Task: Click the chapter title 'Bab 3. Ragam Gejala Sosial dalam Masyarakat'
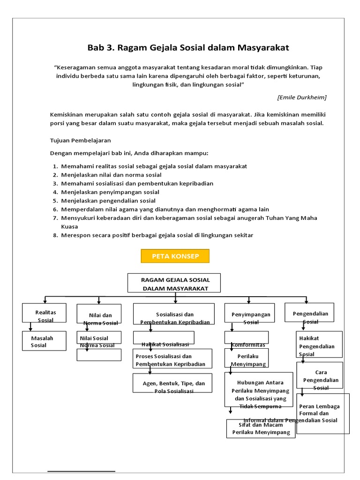point(188,48)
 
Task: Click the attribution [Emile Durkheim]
point(302,97)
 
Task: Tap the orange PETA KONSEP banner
point(175,256)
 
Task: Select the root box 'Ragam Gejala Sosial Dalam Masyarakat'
point(175,284)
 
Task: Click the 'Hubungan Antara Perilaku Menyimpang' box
point(260,389)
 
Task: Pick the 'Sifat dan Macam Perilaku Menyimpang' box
point(261,428)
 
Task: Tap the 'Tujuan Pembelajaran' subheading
point(80,141)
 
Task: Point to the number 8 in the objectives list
point(55,235)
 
